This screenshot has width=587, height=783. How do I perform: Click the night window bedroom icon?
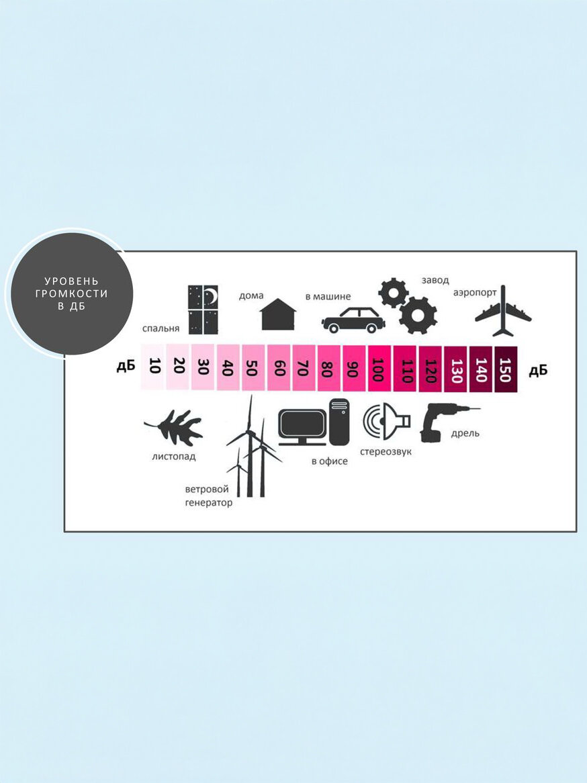pos(204,310)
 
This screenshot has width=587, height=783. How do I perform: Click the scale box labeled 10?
pos(153,367)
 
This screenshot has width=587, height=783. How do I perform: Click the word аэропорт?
pos(475,293)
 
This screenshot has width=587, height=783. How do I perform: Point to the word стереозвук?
pos(386,451)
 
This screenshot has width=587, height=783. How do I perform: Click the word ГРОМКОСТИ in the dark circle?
pos(71,293)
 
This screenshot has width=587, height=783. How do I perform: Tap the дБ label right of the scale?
pos(538,371)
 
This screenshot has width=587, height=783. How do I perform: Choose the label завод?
pos(435,279)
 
